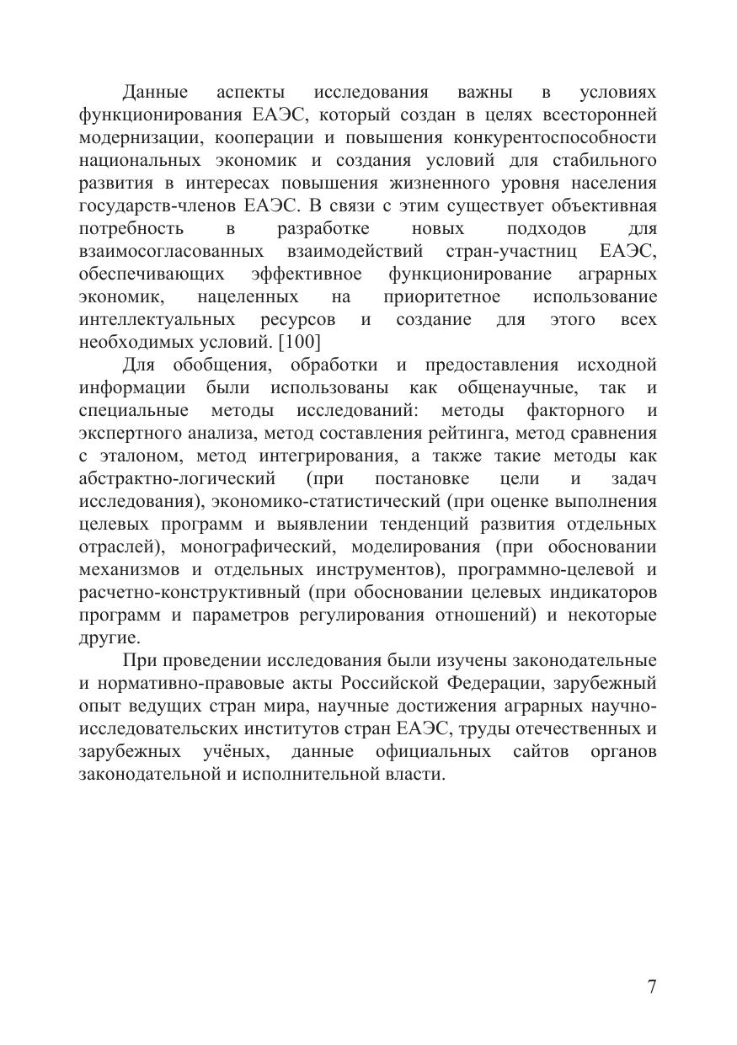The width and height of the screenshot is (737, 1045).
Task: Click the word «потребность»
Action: (x=131, y=229)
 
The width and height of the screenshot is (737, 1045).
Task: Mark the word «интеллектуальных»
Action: (x=157, y=320)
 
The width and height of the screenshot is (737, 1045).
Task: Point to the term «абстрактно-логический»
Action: (x=177, y=479)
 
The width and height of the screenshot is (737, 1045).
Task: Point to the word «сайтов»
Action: (x=538, y=751)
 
